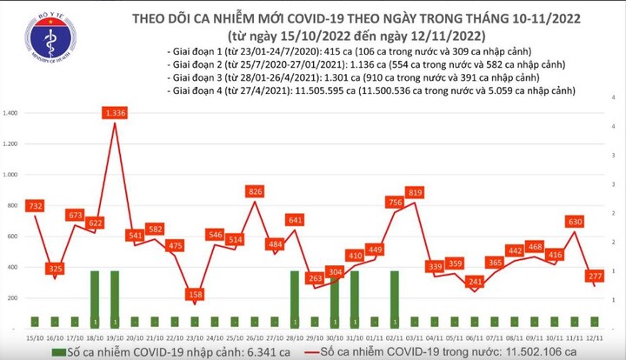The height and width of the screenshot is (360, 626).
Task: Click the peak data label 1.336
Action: click(115, 113)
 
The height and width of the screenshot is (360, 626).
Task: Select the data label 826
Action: click(256, 190)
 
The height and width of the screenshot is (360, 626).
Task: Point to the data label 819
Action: click(415, 191)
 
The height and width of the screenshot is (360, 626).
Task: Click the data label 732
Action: click(35, 205)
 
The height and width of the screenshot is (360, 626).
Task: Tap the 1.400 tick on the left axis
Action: click(12, 114)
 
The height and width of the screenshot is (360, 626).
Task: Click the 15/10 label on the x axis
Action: click(33, 335)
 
